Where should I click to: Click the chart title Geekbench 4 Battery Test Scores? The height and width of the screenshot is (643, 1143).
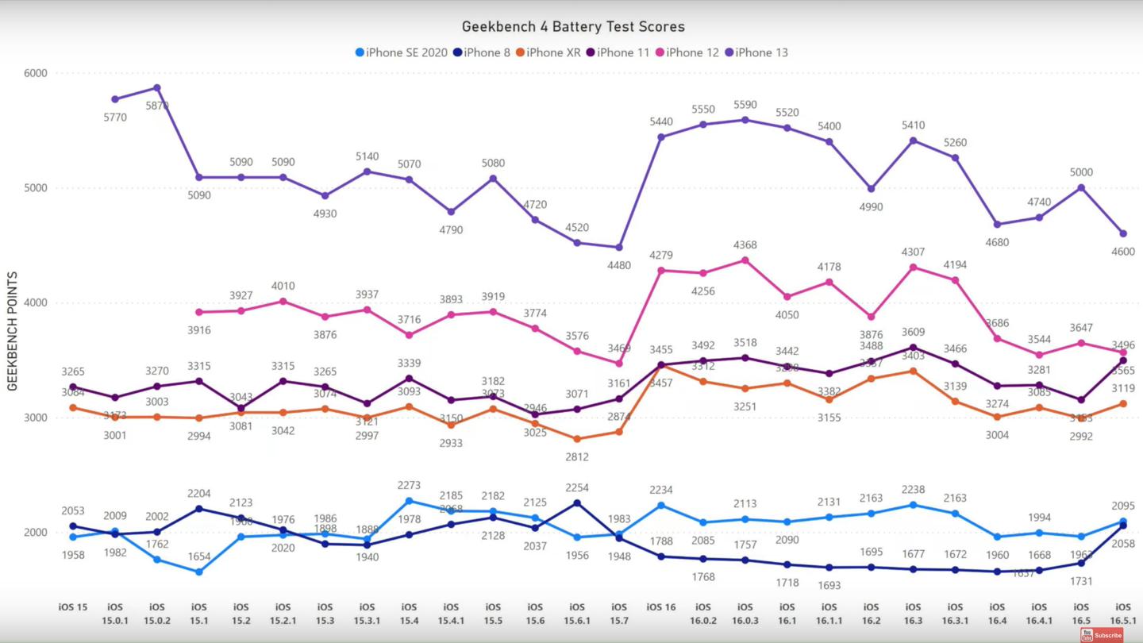(571, 27)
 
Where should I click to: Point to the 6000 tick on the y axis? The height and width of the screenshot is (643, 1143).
(36, 73)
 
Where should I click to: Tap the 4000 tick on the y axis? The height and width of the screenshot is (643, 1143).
(36, 302)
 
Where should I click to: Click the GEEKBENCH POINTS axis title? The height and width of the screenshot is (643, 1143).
(13, 331)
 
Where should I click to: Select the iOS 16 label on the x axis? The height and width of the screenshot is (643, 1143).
(660, 607)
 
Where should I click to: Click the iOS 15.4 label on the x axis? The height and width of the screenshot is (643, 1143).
(409, 613)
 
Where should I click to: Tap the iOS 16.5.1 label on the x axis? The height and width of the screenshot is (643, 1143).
(1122, 613)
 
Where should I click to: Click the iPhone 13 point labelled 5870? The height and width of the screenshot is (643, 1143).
(157, 88)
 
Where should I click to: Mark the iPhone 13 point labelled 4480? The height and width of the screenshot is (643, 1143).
(619, 247)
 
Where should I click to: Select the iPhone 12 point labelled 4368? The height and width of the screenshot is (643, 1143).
(745, 260)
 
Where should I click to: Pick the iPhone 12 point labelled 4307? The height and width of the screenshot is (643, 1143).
(913, 268)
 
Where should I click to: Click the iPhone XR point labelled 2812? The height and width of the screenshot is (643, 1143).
(577, 439)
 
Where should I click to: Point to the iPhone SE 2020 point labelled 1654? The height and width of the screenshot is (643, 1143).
(199, 572)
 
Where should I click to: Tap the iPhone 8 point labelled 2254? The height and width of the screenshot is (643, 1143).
(577, 503)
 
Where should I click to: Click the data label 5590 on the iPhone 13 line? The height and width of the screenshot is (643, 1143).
(745, 105)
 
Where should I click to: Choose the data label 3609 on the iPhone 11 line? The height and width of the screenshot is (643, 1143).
(913, 332)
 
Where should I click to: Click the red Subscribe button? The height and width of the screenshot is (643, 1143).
(1102, 635)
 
